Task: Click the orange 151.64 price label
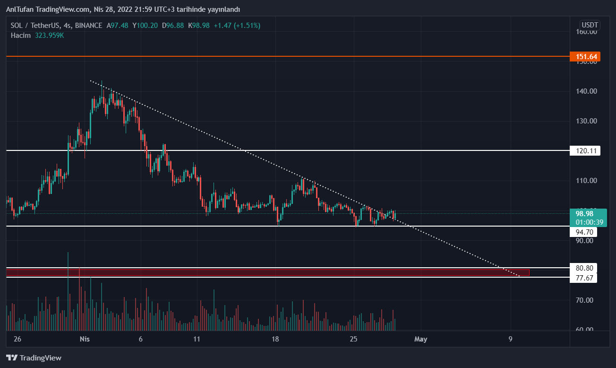pyautogui.click(x=586, y=57)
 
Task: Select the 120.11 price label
pyautogui.click(x=586, y=151)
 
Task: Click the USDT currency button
pyautogui.click(x=590, y=25)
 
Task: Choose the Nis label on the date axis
pyautogui.click(x=85, y=339)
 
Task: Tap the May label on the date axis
pyautogui.click(x=420, y=339)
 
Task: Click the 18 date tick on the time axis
pyautogui.click(x=275, y=339)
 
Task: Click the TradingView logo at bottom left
pyautogui.click(x=34, y=358)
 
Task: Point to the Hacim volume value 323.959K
pyautogui.click(x=49, y=35)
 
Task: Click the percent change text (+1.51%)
pyautogui.click(x=245, y=26)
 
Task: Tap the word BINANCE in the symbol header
pyautogui.click(x=88, y=26)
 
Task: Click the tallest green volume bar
pyautogui.click(x=68, y=291)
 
